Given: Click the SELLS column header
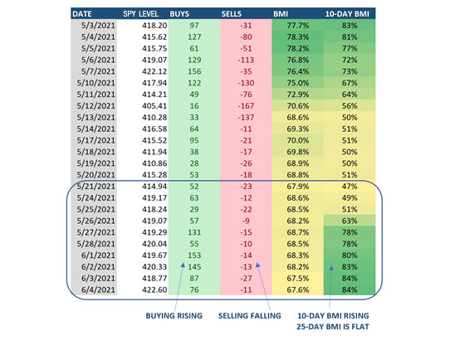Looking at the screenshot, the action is point(232,14).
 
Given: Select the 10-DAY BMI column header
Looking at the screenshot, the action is point(347,14).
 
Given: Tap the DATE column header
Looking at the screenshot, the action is point(82,14).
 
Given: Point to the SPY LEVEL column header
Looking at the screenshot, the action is point(140,14).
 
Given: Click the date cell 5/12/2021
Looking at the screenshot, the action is point(95,106).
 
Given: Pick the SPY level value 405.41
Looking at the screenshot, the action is point(154,106).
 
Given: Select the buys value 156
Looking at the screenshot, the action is point(194,71).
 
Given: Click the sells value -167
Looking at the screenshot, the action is point(246,106).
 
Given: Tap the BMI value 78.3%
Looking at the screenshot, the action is point(298,37).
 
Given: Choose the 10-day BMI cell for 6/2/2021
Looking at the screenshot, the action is point(350,266).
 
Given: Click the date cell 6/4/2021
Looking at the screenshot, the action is point(98,289).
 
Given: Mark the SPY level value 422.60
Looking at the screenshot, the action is point(154,289).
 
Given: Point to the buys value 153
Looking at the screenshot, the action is point(194,255).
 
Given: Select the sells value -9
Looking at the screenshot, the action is point(246,221).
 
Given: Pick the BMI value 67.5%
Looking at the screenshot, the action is point(298,278).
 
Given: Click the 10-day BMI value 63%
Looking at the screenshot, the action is point(350,221).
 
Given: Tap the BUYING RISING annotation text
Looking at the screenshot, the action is point(174,315).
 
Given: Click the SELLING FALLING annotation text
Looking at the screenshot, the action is point(250,315).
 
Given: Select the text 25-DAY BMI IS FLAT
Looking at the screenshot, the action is point(333,327).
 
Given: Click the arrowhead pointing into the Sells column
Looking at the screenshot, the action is point(258,265).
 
